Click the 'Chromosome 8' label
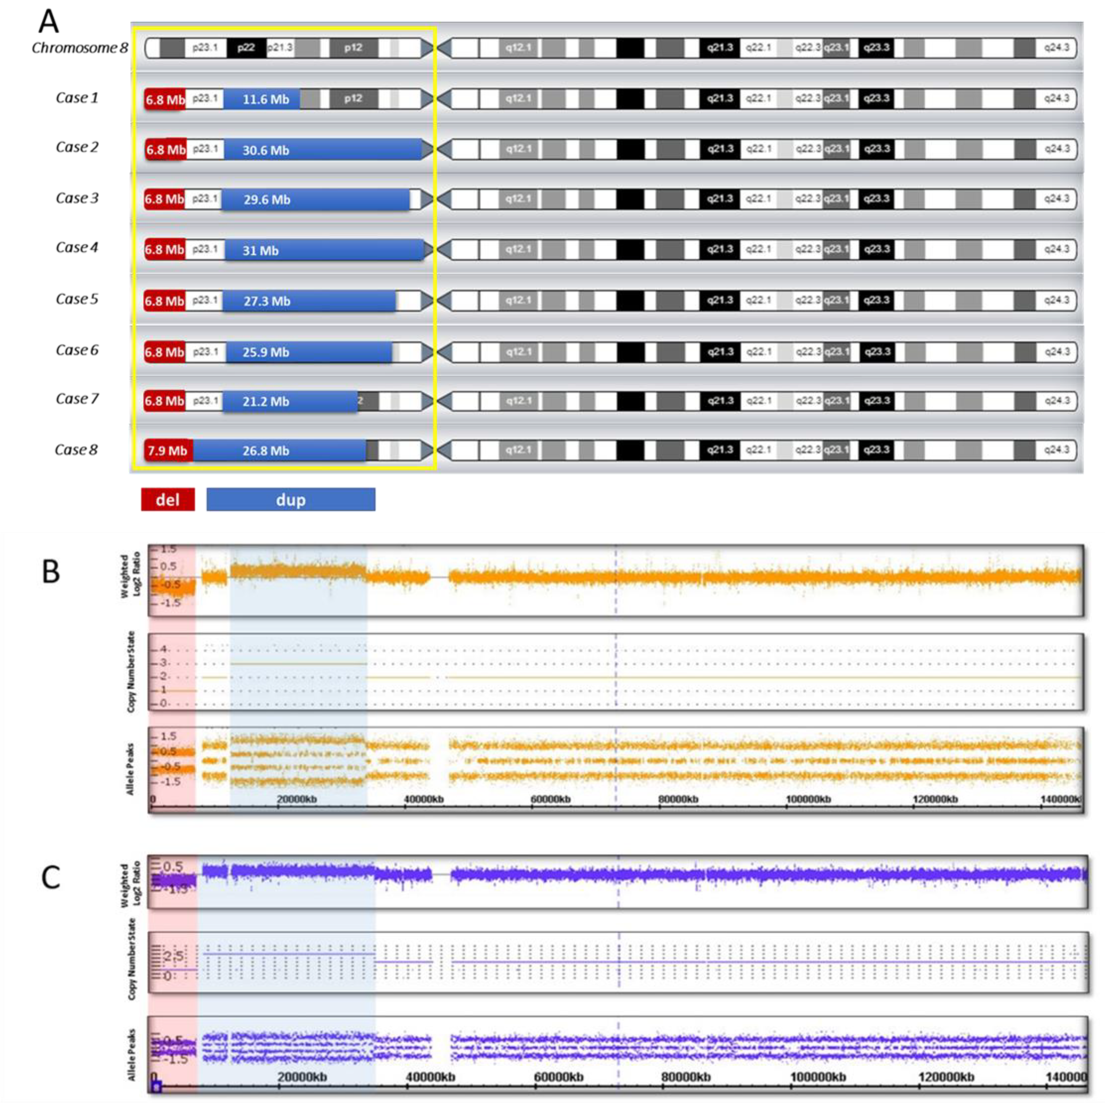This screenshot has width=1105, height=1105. pos(80,47)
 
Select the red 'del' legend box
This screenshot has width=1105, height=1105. pos(168,499)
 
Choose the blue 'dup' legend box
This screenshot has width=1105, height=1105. pos(291,499)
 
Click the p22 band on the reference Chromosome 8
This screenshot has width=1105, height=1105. pos(246,47)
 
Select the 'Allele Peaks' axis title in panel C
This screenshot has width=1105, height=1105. pos(131,1055)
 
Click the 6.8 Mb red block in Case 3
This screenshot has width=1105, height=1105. pos(164,199)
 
